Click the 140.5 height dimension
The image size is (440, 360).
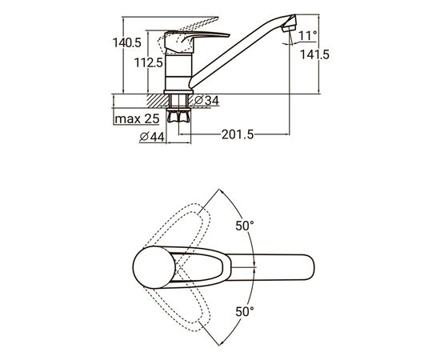127,43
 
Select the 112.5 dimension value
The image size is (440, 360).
149,62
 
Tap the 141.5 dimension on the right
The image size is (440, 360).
314,54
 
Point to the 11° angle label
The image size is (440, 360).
307,36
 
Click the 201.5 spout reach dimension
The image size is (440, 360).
238,134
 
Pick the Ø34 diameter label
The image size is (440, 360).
206,101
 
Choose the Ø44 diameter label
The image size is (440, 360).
152,137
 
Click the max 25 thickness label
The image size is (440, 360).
137,119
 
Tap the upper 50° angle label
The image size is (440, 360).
245,226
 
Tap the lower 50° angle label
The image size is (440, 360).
245,311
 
